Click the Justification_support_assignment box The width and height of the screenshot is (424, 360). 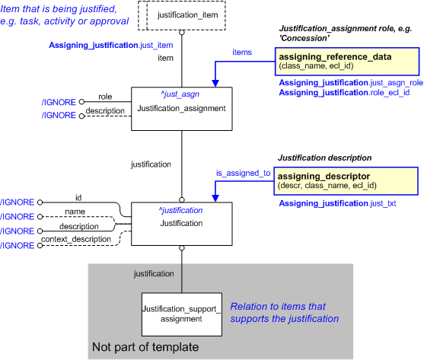click(181, 314)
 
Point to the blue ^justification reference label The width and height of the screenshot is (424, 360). click(181, 209)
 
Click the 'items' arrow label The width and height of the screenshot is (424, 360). click(242, 53)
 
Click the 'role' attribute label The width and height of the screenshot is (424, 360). click(104, 97)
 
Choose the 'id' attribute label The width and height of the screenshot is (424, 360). click(78, 196)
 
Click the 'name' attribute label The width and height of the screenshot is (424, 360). click(74, 211)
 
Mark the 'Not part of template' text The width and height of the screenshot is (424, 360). click(145, 347)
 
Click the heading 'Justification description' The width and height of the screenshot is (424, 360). click(324, 158)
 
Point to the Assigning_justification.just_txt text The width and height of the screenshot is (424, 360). click(337, 204)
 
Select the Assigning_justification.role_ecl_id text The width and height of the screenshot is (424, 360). click(344, 92)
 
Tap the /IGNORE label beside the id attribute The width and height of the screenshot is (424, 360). click(18, 202)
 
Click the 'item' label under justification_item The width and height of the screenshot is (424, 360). click(165, 57)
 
